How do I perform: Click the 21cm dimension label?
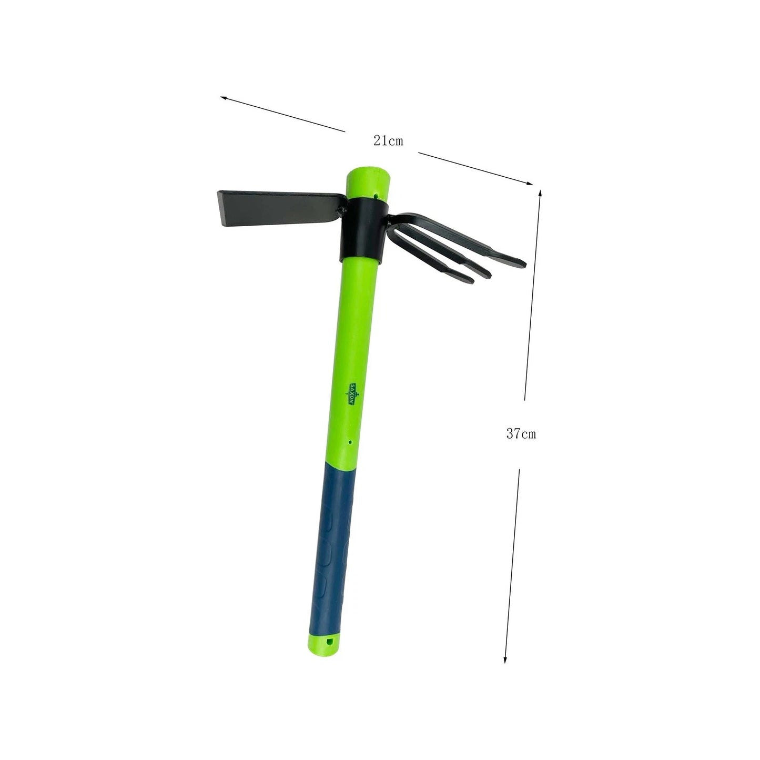click(388, 141)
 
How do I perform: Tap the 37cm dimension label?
click(521, 434)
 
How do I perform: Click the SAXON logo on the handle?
click(353, 393)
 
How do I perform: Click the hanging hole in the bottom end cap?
click(331, 642)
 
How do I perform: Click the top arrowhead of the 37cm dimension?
click(540, 192)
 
